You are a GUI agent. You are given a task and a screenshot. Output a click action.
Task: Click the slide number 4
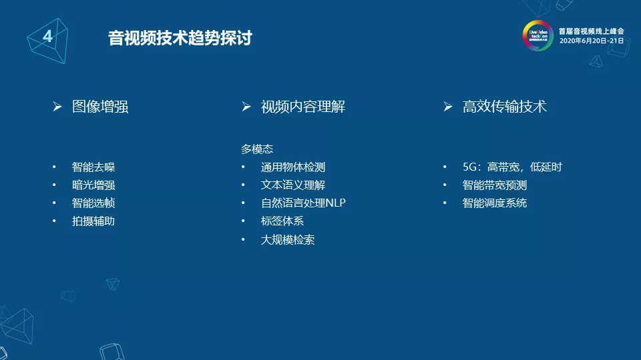(x=47, y=37)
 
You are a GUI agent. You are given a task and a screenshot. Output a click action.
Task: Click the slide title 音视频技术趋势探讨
(x=180, y=38)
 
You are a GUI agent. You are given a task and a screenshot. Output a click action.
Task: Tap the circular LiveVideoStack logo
(x=538, y=35)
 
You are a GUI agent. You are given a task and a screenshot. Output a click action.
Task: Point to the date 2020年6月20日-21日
(x=591, y=41)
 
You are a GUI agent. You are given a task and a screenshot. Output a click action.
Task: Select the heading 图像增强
(x=100, y=107)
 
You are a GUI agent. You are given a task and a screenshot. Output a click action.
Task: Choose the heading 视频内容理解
(x=302, y=107)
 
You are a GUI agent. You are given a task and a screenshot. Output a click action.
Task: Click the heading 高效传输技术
(x=504, y=107)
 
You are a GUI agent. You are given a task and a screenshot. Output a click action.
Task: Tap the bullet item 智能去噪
(x=93, y=167)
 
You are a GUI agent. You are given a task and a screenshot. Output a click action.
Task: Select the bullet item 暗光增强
(x=93, y=185)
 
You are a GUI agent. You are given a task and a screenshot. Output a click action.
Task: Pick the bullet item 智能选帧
(x=93, y=203)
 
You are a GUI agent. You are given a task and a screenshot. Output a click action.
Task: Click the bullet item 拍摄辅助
(x=93, y=221)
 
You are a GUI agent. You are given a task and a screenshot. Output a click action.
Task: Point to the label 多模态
(x=257, y=149)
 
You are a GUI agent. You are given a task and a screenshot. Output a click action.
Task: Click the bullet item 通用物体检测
(x=293, y=167)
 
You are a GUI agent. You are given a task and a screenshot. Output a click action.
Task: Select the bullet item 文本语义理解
(x=293, y=185)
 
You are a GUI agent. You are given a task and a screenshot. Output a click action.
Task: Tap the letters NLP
(x=335, y=203)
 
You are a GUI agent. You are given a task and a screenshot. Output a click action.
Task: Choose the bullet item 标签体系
(x=282, y=221)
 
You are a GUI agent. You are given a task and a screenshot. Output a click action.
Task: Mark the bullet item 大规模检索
(x=288, y=240)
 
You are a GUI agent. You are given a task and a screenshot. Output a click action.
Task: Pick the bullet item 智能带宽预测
(x=495, y=185)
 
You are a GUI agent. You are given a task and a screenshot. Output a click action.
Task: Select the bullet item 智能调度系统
(x=495, y=203)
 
